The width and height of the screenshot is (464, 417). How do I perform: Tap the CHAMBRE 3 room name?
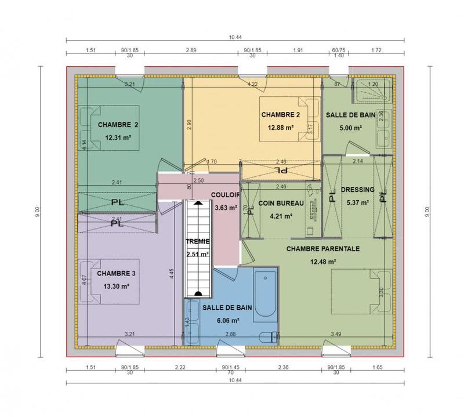[117, 273]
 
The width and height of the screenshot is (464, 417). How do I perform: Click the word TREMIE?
[197, 241]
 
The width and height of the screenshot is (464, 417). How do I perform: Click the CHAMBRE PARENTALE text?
[323, 248]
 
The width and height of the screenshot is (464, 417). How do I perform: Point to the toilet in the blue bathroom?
[267, 337]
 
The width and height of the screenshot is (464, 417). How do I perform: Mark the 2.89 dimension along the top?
[191, 51]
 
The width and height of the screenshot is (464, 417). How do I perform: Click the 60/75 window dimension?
[339, 51]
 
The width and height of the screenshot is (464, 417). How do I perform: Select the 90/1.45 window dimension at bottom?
[231, 368]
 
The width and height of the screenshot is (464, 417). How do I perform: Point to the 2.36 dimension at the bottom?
[284, 368]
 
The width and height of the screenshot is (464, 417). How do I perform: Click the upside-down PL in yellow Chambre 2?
[281, 171]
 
